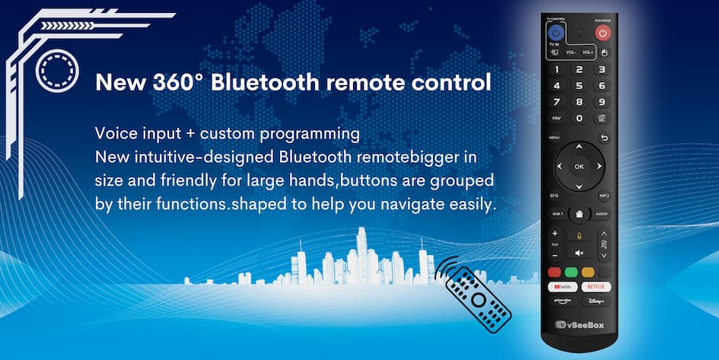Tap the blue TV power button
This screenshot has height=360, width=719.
pos(555,33)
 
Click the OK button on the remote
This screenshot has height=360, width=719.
pos(579,166)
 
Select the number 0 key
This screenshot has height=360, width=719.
pos(579,118)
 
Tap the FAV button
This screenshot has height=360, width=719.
pos(556,118)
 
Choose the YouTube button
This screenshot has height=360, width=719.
pos(562,287)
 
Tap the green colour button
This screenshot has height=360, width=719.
pos(571,272)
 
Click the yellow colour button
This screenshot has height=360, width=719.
pos(587,272)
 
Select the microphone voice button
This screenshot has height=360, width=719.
pos(579,235)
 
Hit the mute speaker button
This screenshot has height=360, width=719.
pos(579,253)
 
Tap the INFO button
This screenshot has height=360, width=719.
pos(603,196)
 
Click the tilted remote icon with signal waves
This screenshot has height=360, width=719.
pos(477,297)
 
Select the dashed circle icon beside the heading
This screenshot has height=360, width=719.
pos(57,71)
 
